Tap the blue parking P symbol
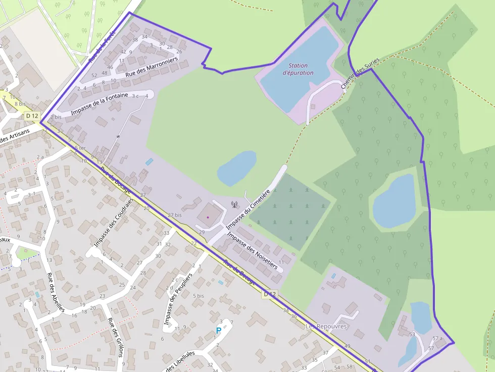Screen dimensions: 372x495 (x=219, y=331)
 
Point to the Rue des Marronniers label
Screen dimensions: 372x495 (x=152, y=67)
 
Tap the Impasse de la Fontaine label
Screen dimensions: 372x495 (x=100, y=102)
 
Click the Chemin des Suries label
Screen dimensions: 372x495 (x=360, y=73)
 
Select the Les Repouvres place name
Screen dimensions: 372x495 (x=326, y=327)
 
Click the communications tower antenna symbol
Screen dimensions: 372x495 (x=234, y=204)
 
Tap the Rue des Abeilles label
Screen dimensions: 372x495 (x=56, y=292)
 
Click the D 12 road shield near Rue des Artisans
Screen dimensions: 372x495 (x=32, y=116)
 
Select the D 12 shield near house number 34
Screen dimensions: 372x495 (x=270, y=294)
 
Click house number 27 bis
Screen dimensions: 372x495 (x=174, y=215)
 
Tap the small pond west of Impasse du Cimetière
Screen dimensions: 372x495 (x=236, y=168)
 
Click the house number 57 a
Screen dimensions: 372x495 (x=437, y=338)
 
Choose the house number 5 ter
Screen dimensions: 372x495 (x=80, y=148)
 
